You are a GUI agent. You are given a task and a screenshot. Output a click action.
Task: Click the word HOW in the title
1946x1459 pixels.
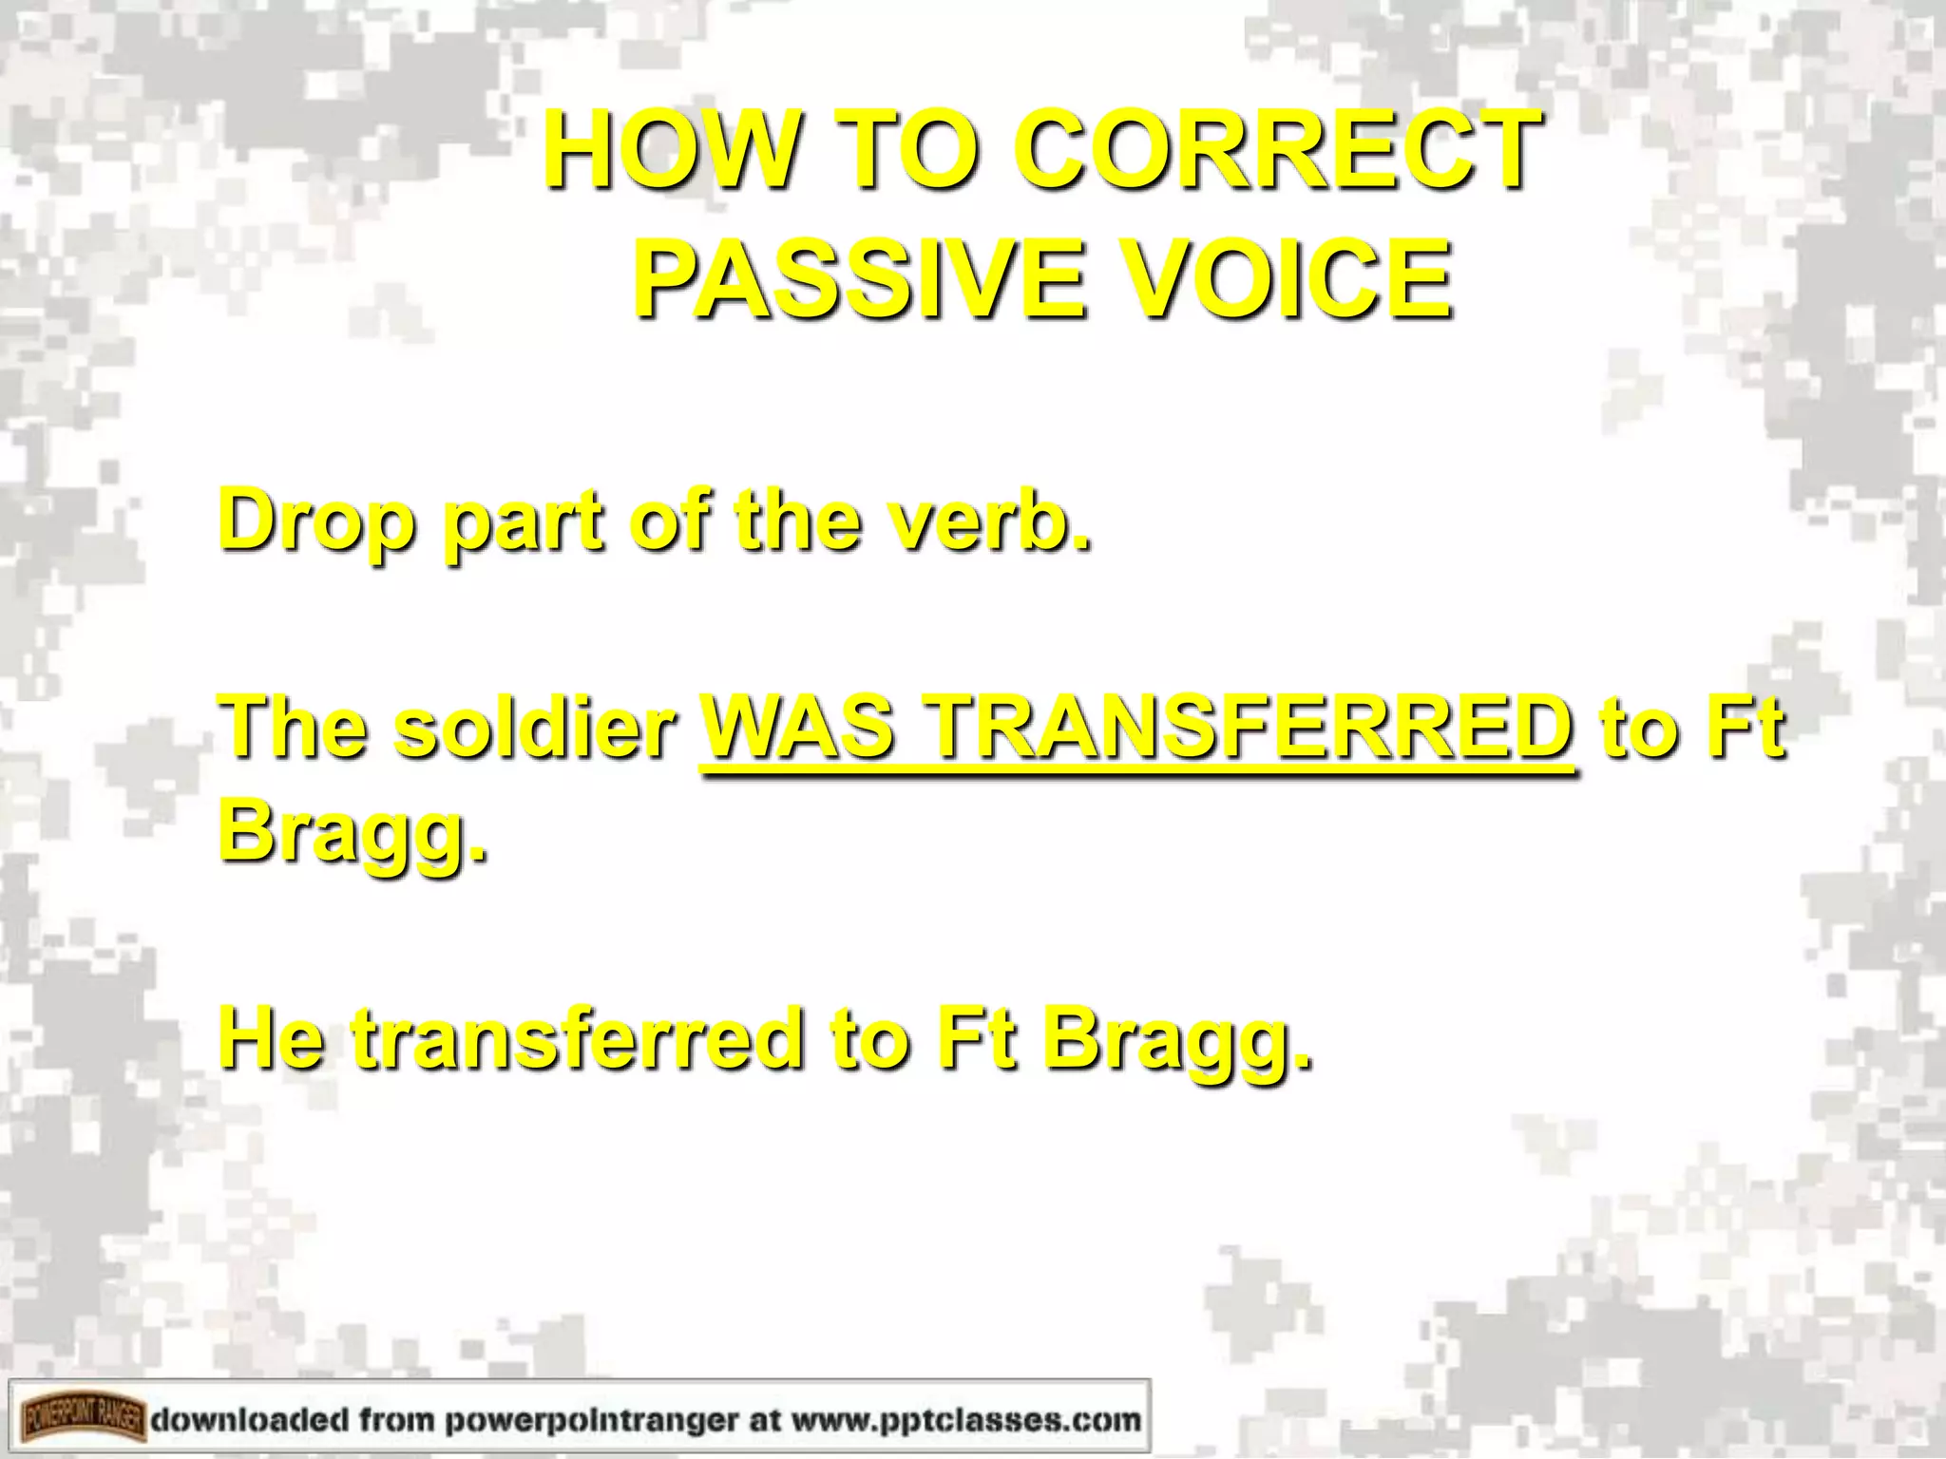pyautogui.click(x=671, y=150)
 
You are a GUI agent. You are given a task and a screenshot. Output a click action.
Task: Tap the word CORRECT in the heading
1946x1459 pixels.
pyautogui.click(x=1278, y=150)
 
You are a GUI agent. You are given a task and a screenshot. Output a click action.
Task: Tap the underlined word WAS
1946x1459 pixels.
pyautogui.click(x=798, y=726)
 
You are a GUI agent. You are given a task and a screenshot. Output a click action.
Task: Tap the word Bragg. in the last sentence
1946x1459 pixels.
pyautogui.click(x=1178, y=1040)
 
